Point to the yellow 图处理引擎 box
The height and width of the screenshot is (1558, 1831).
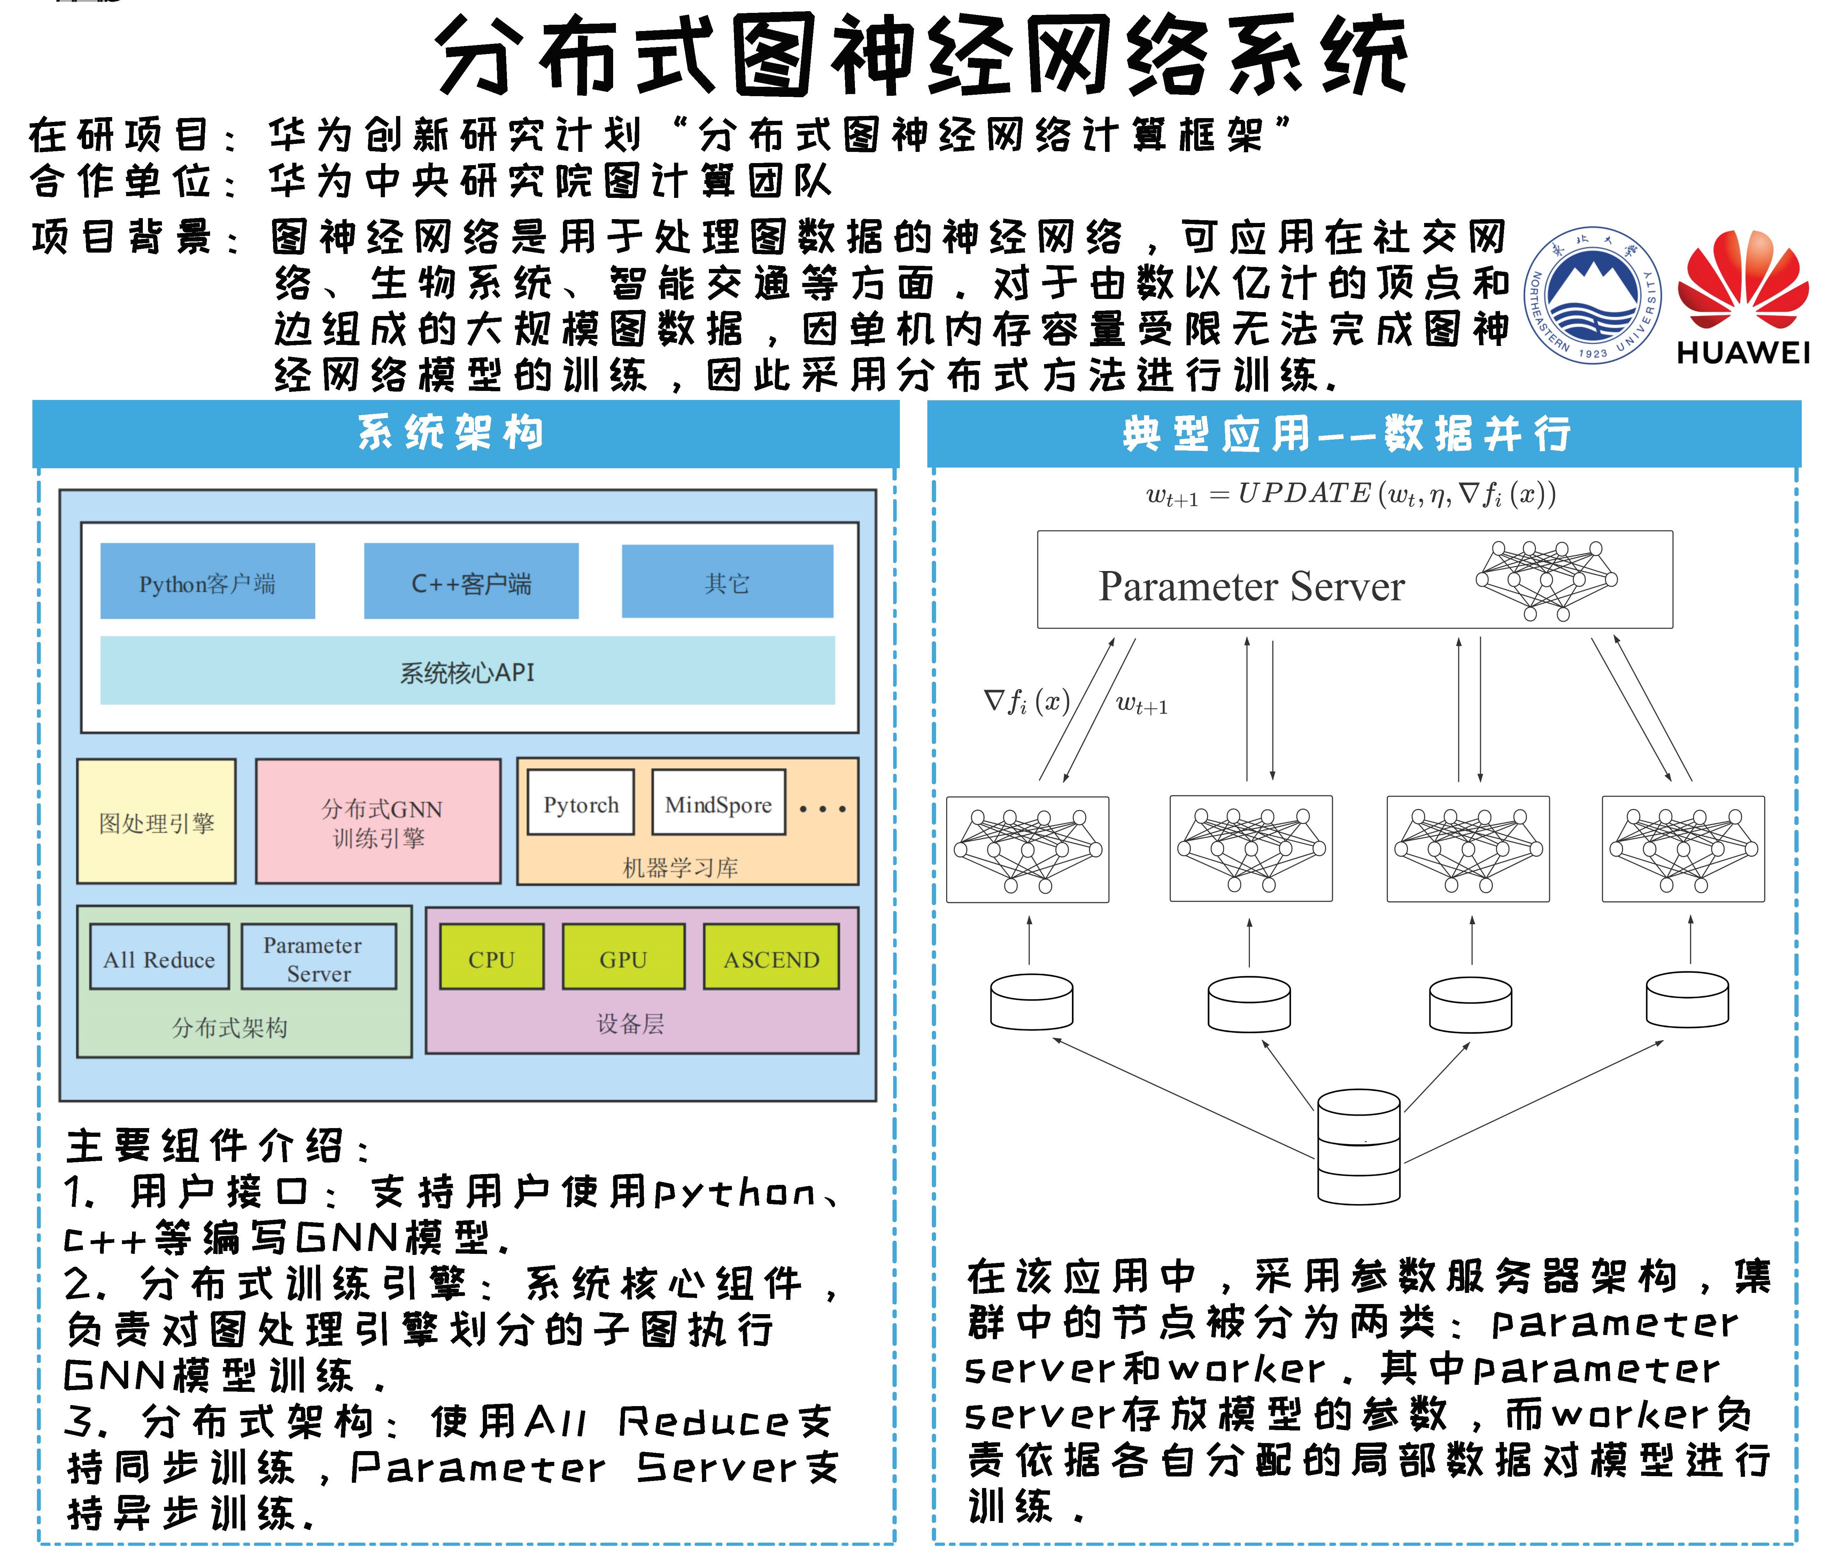pos(156,822)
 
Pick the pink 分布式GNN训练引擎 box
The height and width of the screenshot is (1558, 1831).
pos(378,822)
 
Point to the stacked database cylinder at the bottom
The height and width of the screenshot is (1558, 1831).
pos(1359,1147)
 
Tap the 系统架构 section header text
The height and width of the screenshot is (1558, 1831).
pos(450,433)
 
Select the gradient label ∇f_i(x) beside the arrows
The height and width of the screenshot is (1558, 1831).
pos(1026,701)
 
